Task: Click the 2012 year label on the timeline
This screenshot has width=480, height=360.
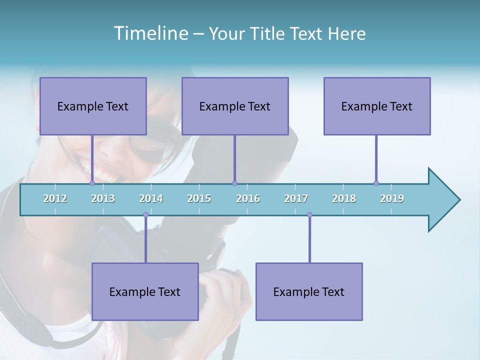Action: [55, 198]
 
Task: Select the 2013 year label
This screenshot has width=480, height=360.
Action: [103, 198]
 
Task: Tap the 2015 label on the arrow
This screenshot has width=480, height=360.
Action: [199, 198]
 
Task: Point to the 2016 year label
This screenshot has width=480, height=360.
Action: [248, 198]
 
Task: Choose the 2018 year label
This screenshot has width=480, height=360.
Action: [344, 198]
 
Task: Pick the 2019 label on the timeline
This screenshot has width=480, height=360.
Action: [392, 198]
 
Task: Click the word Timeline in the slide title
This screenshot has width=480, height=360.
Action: [150, 33]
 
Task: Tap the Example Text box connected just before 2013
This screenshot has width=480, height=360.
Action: [93, 106]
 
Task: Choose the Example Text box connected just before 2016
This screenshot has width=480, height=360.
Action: [235, 106]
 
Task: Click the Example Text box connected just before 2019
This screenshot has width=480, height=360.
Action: [377, 106]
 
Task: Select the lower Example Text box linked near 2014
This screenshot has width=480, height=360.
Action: [145, 291]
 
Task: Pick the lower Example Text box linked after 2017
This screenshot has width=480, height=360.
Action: [309, 291]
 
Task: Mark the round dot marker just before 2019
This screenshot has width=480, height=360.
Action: [376, 183]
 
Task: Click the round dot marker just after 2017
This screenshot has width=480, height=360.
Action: [309, 215]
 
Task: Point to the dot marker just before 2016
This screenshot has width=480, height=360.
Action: [234, 183]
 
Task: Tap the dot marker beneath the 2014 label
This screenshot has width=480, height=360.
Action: [145, 215]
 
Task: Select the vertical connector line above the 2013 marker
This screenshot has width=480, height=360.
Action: [92, 157]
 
